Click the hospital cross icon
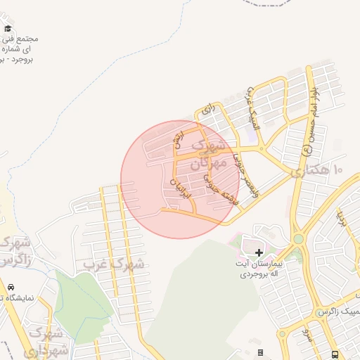click(259, 252)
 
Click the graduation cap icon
click(8, 29)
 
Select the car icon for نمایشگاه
click(11, 287)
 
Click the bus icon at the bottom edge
click(335, 354)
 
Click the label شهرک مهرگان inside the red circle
click(210, 154)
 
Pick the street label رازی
click(206, 109)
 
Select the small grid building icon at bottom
click(260, 352)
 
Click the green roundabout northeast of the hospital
click(298, 239)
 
